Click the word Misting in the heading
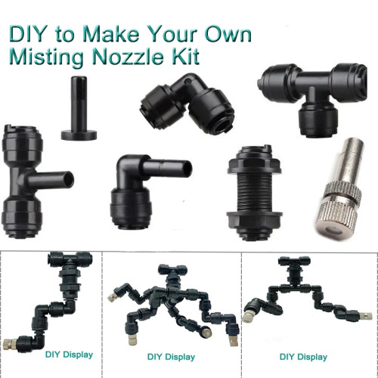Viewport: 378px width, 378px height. click(x=46, y=58)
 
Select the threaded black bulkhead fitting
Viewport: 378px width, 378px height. click(x=254, y=193)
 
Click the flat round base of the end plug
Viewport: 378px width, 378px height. click(x=79, y=135)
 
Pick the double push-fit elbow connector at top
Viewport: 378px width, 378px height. click(x=187, y=106)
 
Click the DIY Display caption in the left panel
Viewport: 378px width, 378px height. click(x=69, y=355)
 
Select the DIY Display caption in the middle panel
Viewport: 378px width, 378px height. click(x=171, y=357)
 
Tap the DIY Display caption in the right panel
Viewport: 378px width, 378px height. click(x=303, y=357)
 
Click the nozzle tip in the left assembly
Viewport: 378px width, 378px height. click(x=10, y=344)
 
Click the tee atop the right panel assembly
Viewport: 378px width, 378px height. click(x=294, y=262)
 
